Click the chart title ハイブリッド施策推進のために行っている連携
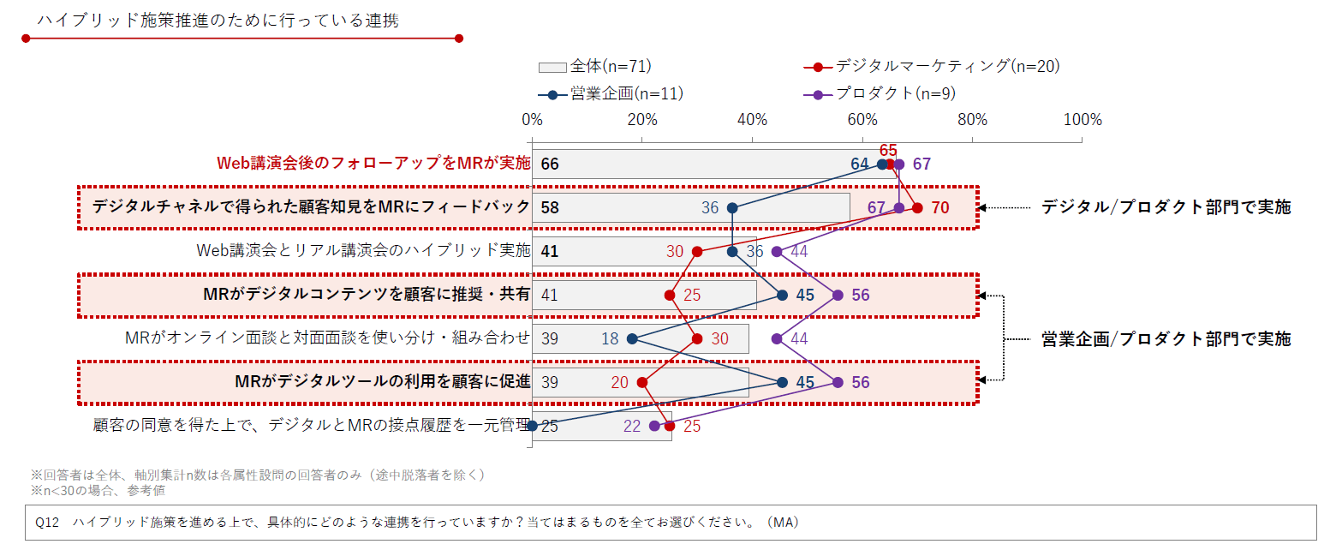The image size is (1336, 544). (218, 21)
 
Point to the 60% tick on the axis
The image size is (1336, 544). (862, 119)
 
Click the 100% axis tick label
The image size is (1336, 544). (1082, 119)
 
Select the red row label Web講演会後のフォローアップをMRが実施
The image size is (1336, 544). (373, 164)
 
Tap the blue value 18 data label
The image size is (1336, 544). (610, 338)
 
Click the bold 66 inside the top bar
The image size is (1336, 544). (550, 164)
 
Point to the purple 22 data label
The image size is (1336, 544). (632, 426)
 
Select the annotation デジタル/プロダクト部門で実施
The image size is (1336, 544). (1166, 206)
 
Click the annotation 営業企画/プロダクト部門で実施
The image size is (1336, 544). (1166, 338)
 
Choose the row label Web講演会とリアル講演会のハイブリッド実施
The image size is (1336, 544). (363, 251)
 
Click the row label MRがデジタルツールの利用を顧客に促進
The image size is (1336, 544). (383, 382)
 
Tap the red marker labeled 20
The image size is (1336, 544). (642, 382)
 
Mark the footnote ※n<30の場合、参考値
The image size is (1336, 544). (98, 490)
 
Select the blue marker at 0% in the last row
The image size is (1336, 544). (533, 426)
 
